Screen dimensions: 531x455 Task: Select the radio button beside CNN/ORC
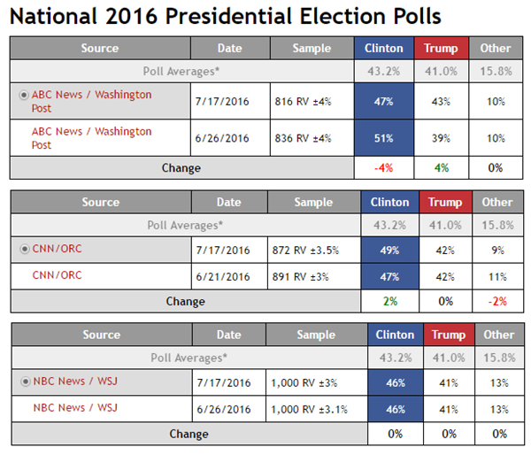(x=25, y=250)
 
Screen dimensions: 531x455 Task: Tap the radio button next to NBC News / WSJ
(x=26, y=382)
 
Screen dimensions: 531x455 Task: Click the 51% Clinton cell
(x=384, y=138)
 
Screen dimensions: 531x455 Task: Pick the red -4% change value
(x=384, y=168)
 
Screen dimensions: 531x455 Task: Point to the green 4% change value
(x=442, y=168)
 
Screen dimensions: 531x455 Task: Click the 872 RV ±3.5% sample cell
(x=305, y=251)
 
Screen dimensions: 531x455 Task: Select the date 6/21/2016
(x=223, y=277)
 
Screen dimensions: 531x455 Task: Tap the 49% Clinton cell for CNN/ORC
(x=389, y=250)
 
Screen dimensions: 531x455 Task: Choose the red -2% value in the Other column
(x=497, y=301)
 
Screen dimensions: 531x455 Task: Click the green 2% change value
(x=390, y=301)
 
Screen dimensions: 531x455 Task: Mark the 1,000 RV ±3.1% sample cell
(x=309, y=410)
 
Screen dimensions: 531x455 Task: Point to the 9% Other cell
(x=497, y=251)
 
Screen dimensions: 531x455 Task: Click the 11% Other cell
(x=497, y=277)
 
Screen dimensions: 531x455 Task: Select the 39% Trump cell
(x=441, y=138)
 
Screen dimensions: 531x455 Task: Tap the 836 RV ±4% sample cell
(x=303, y=138)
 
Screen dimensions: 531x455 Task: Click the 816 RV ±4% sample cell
(x=303, y=102)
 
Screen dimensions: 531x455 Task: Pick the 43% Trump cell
(x=441, y=102)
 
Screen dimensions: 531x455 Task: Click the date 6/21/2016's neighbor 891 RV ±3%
(x=300, y=277)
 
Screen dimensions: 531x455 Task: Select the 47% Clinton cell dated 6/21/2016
(x=389, y=276)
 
